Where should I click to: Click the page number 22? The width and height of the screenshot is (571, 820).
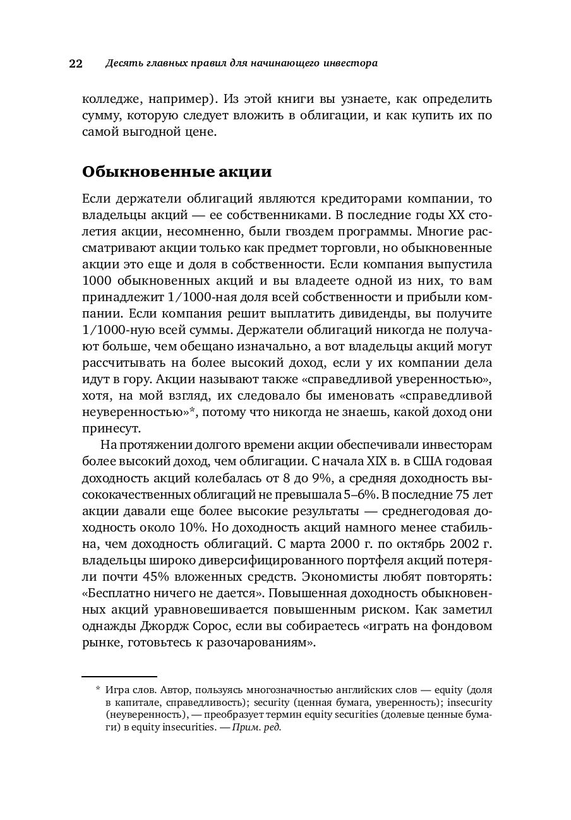75,64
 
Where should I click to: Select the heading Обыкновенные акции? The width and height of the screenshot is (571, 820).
177,171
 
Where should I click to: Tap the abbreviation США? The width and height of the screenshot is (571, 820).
416,461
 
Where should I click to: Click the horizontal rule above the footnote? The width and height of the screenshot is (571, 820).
119,677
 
